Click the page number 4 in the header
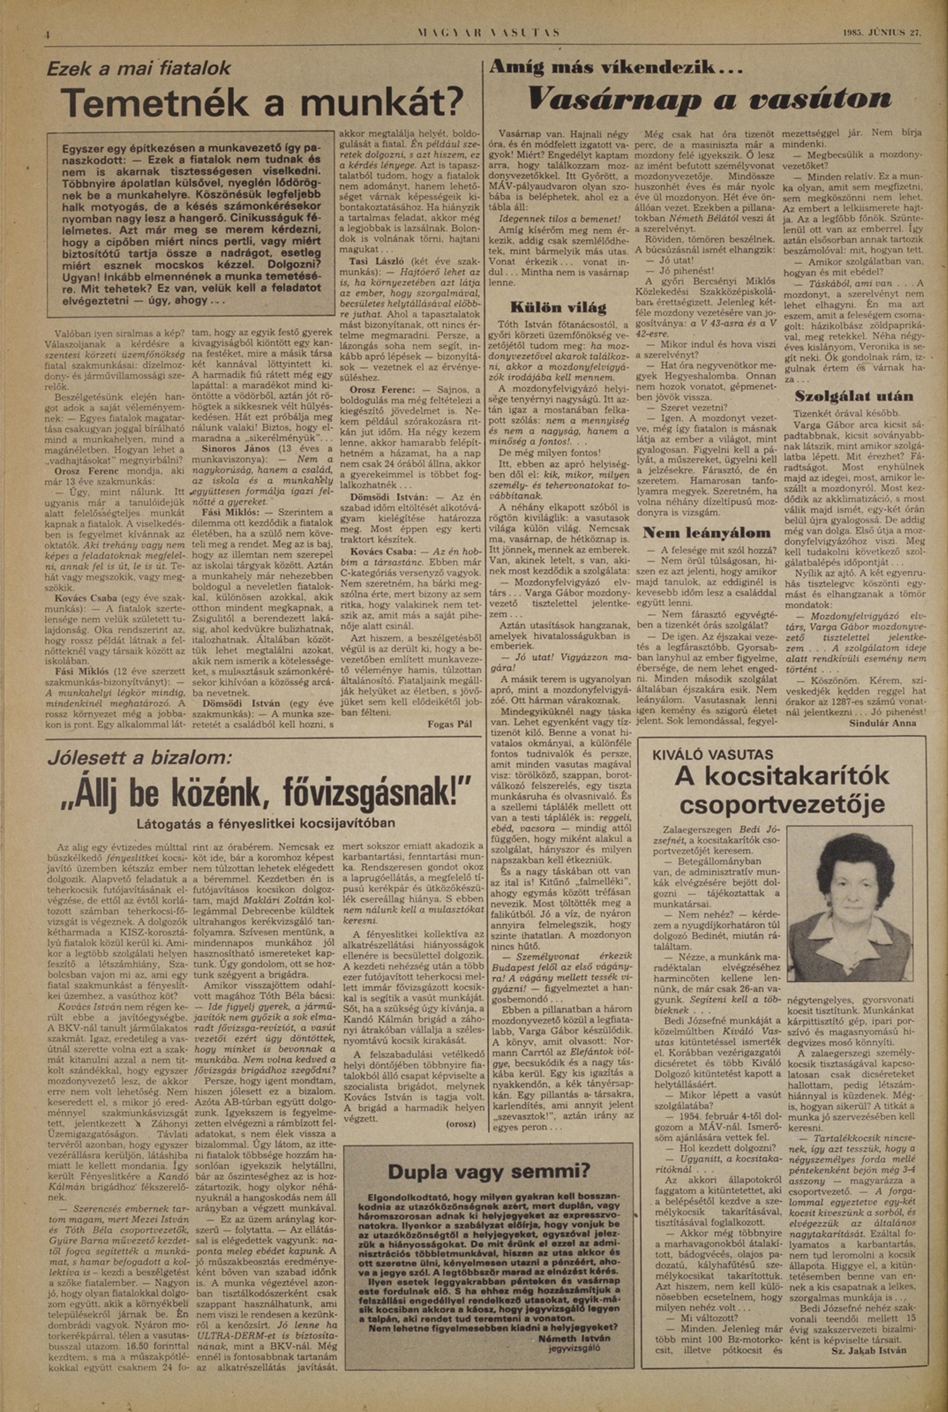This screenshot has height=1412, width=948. point(47,35)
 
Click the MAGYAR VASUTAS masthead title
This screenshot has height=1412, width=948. point(488,33)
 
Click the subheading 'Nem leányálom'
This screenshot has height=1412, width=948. point(707,532)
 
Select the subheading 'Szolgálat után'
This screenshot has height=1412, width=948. point(853,396)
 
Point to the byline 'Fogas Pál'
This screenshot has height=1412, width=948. point(450,724)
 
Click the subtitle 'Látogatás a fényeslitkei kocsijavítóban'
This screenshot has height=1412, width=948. point(266,823)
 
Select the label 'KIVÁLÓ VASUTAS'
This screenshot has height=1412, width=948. point(713,754)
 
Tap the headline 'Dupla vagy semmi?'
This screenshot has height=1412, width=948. point(488,1171)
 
